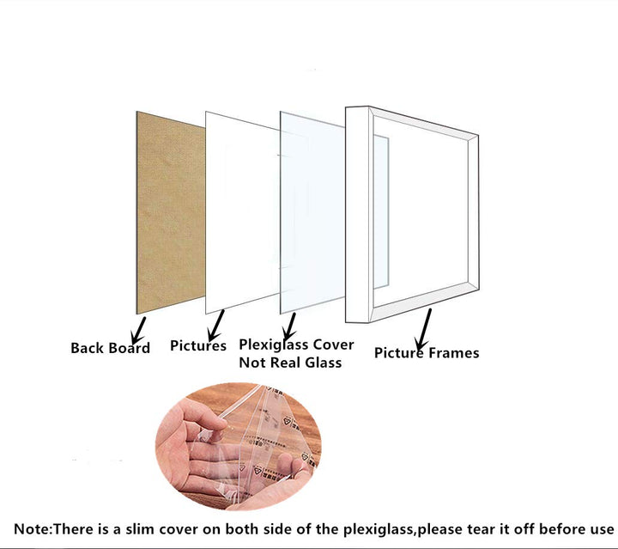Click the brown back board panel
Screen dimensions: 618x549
(x=170, y=213)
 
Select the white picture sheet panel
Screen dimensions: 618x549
(x=242, y=213)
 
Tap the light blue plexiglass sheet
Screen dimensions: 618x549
(x=312, y=213)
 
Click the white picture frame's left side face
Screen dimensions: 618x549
(x=357, y=215)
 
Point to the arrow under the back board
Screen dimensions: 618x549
(x=139, y=330)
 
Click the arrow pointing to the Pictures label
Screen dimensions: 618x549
(x=216, y=326)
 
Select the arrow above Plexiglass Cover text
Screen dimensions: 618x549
(x=290, y=326)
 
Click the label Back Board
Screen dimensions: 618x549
(x=111, y=348)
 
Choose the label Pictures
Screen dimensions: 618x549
(x=198, y=345)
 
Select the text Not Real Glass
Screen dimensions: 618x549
(x=290, y=363)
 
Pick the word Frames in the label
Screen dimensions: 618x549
(x=454, y=352)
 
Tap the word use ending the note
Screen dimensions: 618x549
(x=602, y=530)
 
